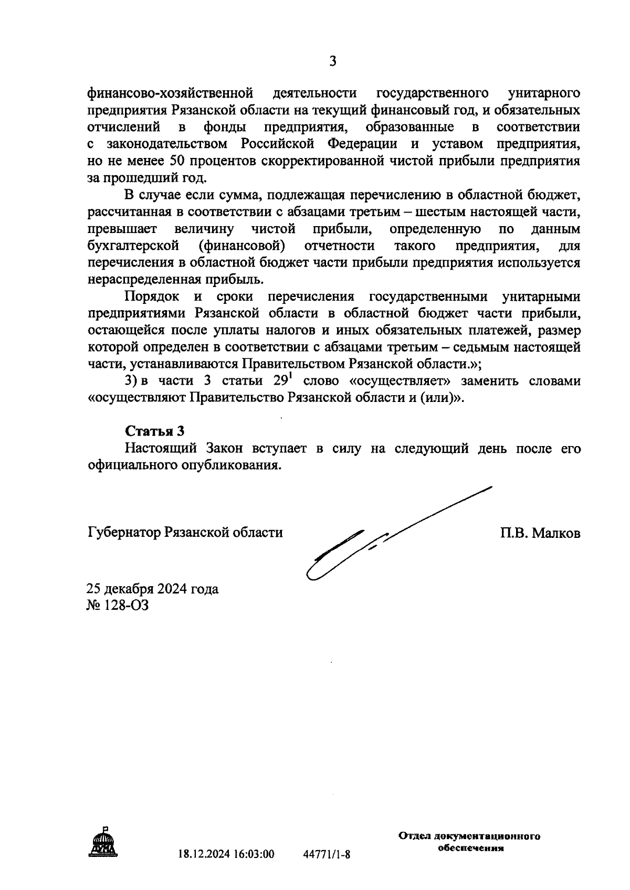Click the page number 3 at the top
pyautogui.click(x=332, y=62)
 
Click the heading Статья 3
pyautogui.click(x=155, y=431)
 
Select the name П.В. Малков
pyautogui.click(x=540, y=533)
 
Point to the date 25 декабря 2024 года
pyautogui.click(x=152, y=589)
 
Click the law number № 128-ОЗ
pyautogui.click(x=118, y=606)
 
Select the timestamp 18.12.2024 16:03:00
pyautogui.click(x=226, y=854)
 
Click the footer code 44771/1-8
pyautogui.click(x=327, y=854)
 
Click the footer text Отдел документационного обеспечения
pyautogui.click(x=469, y=842)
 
